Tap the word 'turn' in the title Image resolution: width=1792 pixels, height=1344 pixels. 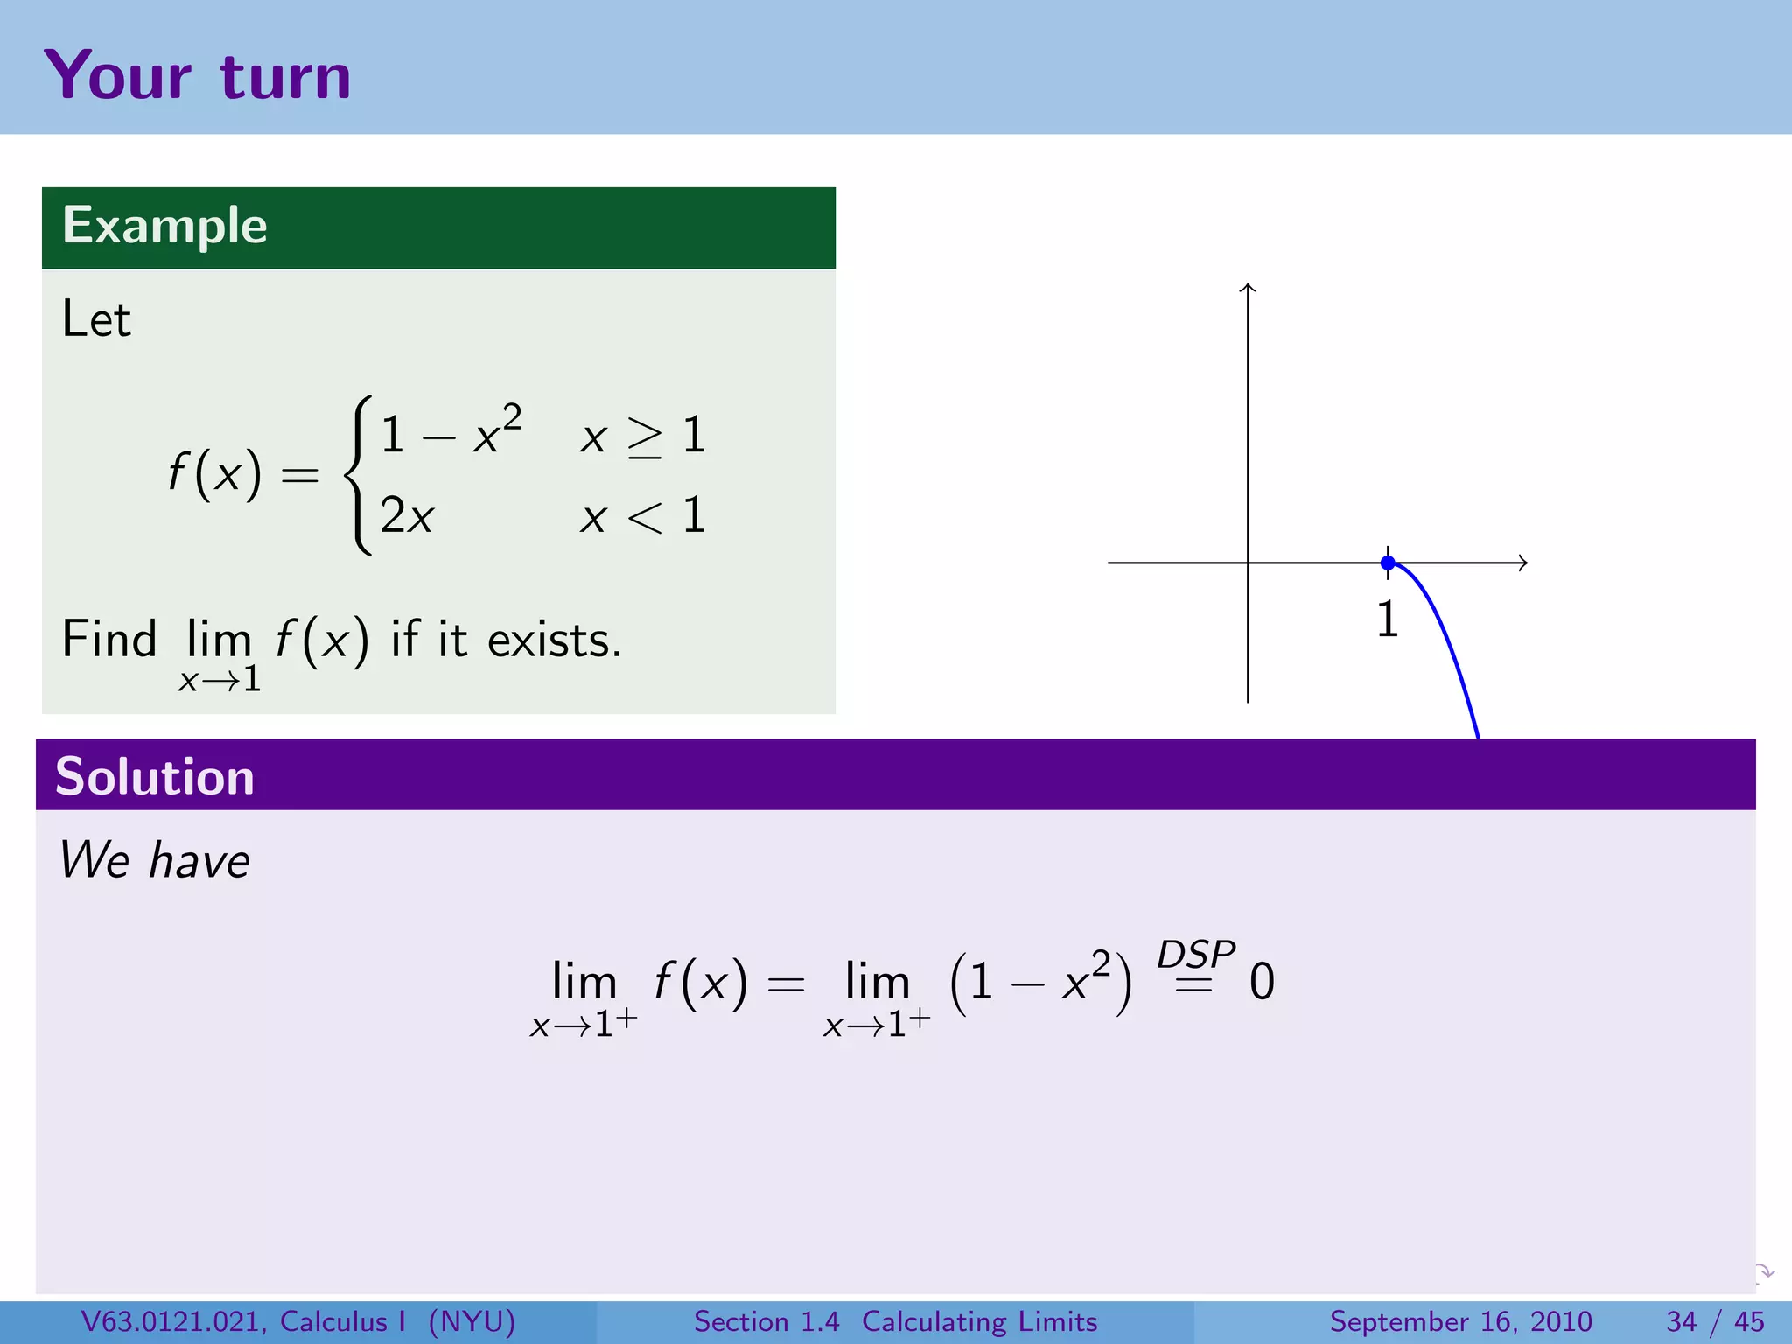click(285, 77)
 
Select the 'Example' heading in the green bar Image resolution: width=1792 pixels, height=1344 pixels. click(164, 226)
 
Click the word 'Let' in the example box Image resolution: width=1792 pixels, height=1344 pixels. click(96, 319)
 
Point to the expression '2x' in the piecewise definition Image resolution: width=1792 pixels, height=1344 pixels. click(406, 515)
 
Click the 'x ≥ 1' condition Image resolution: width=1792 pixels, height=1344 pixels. click(642, 436)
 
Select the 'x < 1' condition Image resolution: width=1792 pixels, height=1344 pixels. click(642, 515)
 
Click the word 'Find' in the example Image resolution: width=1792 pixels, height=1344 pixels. click(109, 639)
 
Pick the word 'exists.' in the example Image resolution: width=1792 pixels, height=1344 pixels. click(554, 640)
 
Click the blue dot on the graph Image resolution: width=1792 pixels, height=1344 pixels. click(1388, 563)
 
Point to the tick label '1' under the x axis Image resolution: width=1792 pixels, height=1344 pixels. click(1388, 619)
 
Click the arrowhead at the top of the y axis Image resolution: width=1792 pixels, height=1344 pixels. click(1248, 288)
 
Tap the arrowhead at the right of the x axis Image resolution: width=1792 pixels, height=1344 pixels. click(1523, 563)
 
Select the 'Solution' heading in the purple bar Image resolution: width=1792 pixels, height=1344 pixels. click(155, 776)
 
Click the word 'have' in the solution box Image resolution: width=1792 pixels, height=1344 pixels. click(199, 861)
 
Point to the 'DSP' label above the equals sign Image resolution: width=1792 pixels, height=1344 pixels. click(1195, 954)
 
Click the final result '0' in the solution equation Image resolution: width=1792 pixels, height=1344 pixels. click(1262, 982)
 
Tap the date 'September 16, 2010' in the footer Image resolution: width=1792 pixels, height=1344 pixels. click(1460, 1321)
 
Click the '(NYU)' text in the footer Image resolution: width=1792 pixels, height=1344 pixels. click(472, 1321)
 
